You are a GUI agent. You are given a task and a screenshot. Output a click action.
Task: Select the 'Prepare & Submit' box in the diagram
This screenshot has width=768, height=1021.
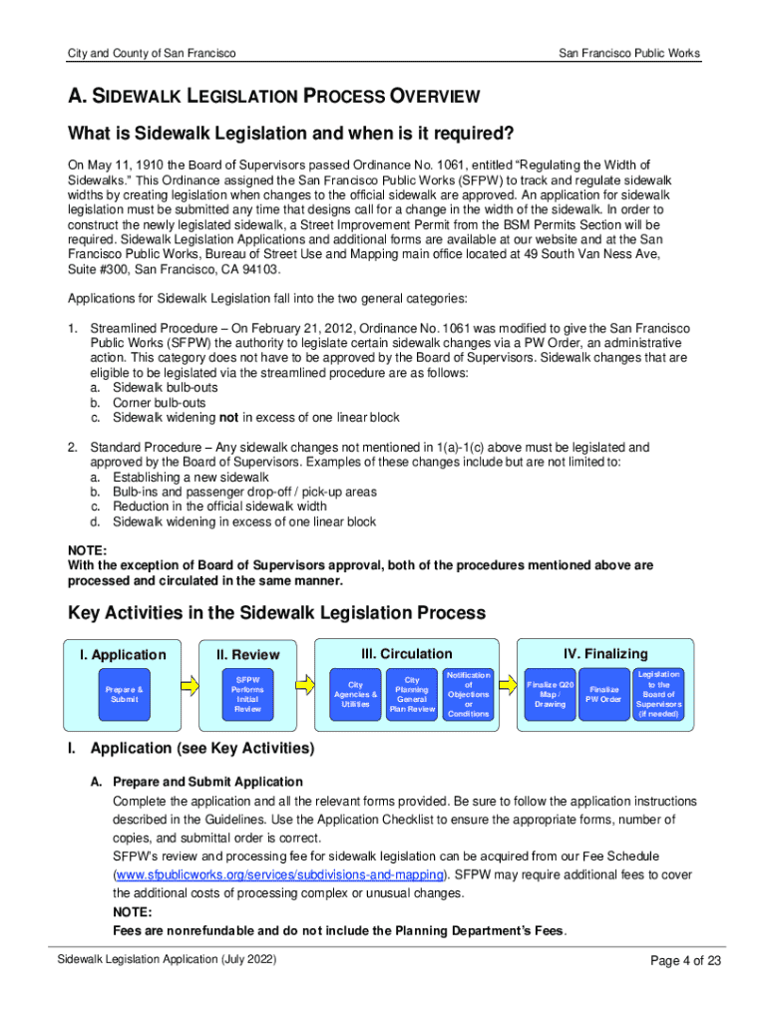click(124, 694)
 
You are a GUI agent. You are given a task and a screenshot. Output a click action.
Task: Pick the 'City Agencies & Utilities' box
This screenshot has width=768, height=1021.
click(356, 694)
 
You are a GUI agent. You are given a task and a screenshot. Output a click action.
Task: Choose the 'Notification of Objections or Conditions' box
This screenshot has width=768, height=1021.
click(469, 694)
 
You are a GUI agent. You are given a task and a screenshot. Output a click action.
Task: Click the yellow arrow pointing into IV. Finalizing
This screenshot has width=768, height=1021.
click(504, 683)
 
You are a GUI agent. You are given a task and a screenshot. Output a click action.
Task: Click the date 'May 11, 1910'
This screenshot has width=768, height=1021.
click(123, 165)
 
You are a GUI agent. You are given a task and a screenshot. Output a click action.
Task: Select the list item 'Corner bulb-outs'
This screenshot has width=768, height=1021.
click(160, 403)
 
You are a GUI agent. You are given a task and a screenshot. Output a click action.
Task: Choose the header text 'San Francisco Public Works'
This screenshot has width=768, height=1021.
click(628, 53)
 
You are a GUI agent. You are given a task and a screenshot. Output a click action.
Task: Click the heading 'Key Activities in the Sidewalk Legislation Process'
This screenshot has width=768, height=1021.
click(276, 612)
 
